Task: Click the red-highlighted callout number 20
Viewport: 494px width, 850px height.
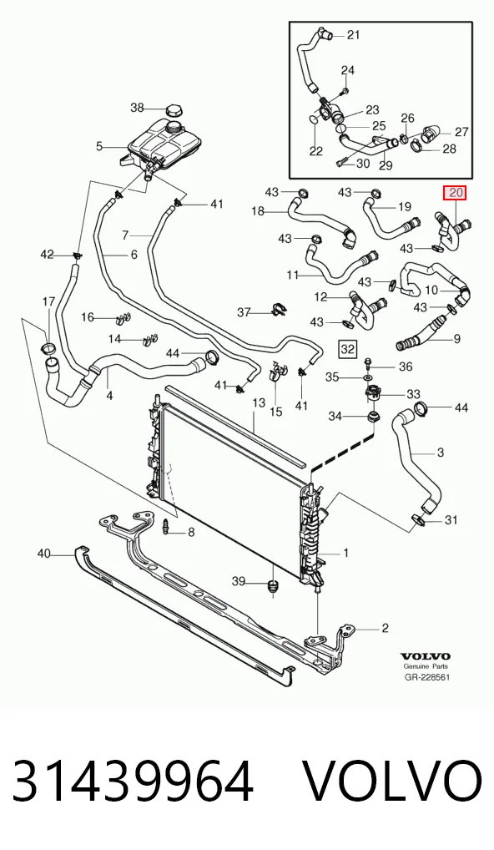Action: (455, 192)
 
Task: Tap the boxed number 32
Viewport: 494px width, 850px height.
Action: (347, 349)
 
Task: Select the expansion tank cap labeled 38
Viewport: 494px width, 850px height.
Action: (174, 109)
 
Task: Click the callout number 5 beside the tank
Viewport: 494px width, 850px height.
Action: (99, 146)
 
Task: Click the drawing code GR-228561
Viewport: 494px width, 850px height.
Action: (427, 677)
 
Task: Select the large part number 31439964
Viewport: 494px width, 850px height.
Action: (133, 782)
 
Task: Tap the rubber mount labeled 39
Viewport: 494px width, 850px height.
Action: (273, 586)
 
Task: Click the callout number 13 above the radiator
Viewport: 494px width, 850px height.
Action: (259, 402)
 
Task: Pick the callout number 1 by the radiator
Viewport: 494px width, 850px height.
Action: (345, 553)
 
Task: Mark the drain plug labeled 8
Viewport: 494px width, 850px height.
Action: (166, 526)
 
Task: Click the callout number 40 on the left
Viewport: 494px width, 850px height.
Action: (44, 554)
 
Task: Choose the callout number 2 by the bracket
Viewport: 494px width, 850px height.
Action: (386, 628)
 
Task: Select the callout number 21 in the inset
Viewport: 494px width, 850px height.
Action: (353, 35)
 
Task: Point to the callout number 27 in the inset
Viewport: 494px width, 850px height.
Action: (461, 132)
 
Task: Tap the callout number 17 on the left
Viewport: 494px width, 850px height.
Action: (48, 301)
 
